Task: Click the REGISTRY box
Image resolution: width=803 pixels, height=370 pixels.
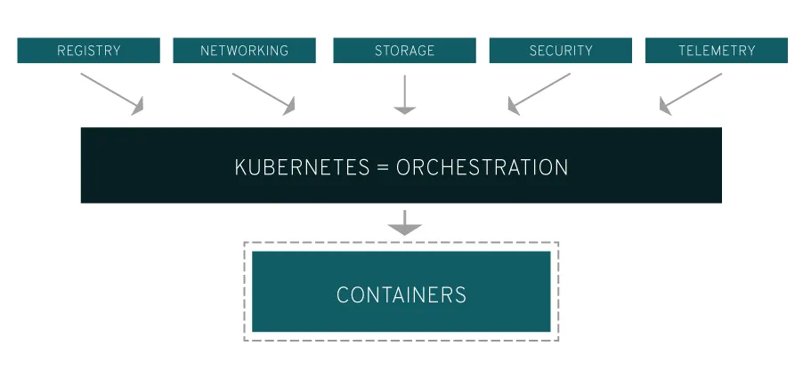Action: point(88,51)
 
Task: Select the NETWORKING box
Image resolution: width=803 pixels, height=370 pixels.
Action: point(244,51)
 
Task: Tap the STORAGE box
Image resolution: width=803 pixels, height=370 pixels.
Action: point(404,51)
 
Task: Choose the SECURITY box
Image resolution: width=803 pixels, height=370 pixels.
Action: point(560,51)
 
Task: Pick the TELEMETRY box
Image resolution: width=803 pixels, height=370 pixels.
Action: point(716,51)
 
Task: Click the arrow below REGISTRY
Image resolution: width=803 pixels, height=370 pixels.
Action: point(111,93)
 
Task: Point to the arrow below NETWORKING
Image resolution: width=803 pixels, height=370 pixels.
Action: point(264,93)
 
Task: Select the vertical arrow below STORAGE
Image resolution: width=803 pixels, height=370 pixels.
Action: point(405,94)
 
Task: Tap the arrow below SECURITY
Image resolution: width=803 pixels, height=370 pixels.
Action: point(539,93)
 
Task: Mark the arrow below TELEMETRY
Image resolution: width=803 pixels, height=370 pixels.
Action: point(691,93)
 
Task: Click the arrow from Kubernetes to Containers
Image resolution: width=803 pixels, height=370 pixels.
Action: point(405,222)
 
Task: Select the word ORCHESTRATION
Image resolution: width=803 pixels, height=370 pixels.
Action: point(482,167)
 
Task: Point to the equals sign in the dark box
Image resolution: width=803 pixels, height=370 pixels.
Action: point(381,167)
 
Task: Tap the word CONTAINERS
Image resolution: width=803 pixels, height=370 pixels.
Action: point(401,294)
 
